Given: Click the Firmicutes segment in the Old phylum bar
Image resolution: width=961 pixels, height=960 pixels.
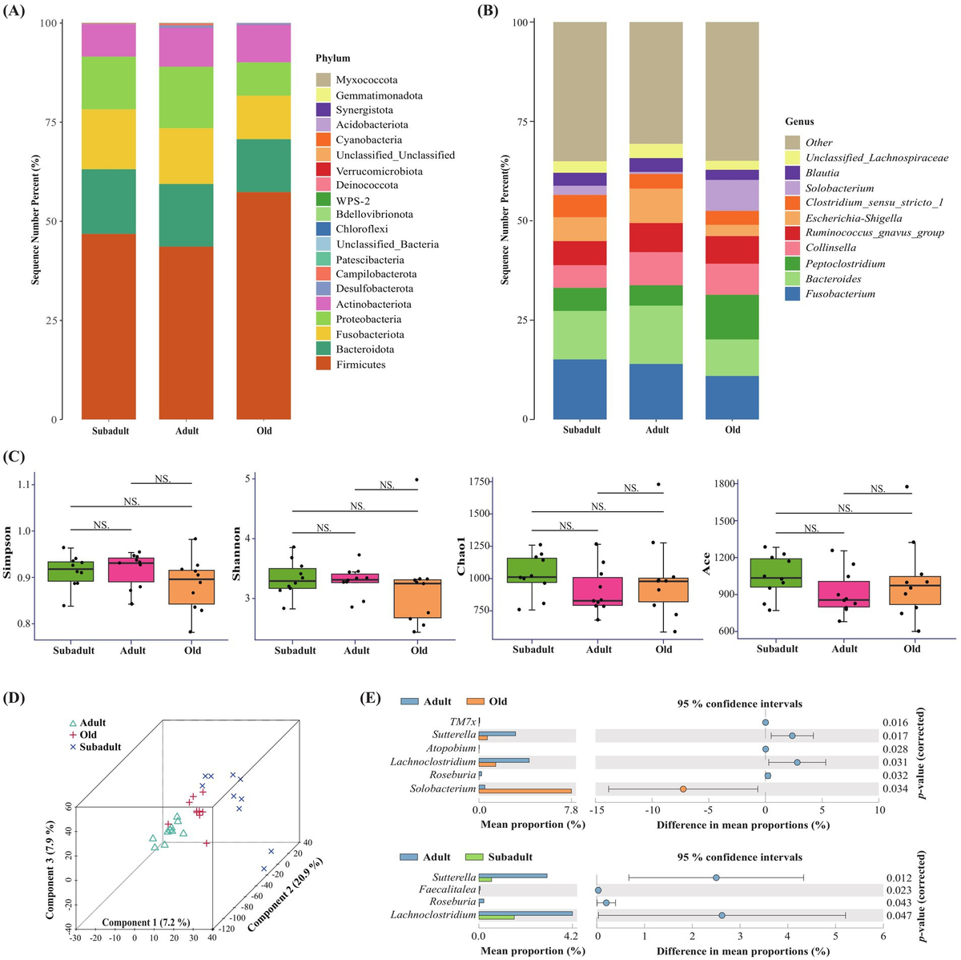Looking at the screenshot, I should coord(263,305).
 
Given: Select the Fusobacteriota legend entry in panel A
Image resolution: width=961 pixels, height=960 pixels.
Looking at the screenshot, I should coord(369,334).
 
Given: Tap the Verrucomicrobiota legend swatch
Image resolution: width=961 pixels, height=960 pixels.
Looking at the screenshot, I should coord(323,171).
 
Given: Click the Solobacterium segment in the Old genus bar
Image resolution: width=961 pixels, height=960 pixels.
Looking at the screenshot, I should coord(732,195).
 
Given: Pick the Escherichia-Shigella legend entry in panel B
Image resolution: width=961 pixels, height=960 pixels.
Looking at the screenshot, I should coord(853,218).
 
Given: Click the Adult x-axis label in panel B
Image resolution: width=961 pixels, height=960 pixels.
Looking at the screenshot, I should coord(657,430).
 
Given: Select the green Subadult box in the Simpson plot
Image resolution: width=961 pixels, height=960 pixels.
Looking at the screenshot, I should coord(70,571).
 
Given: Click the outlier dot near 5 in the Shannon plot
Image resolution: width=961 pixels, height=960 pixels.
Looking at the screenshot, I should coord(416,480).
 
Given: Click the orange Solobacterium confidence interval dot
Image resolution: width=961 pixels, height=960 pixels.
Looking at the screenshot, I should coord(683,789).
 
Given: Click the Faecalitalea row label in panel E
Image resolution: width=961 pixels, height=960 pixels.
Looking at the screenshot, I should coord(447,889).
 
